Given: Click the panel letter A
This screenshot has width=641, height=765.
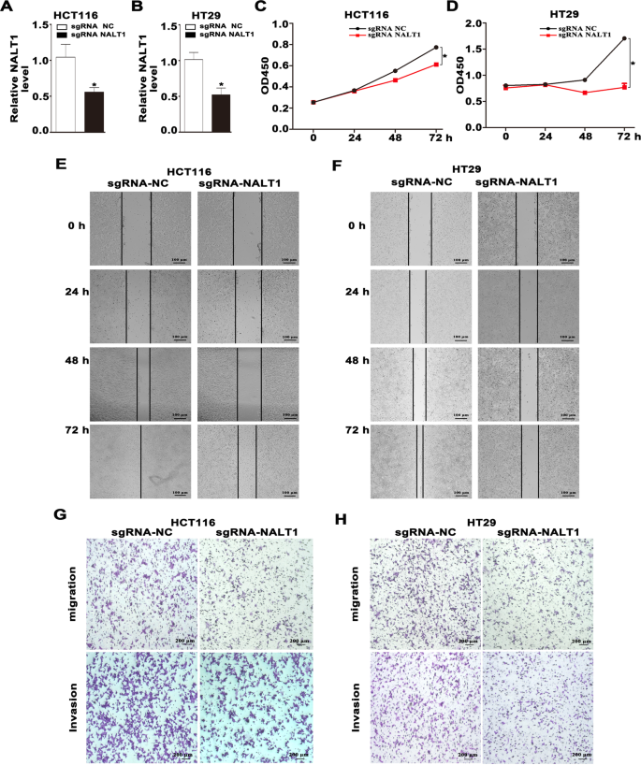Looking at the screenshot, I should [x=8, y=8].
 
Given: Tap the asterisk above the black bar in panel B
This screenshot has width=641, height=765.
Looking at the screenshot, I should [x=221, y=85].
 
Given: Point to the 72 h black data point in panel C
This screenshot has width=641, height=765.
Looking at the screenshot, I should [x=435, y=48].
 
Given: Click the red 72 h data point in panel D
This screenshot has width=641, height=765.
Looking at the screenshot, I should [x=623, y=87].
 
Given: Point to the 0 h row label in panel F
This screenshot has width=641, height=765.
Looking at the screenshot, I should [x=357, y=225].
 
